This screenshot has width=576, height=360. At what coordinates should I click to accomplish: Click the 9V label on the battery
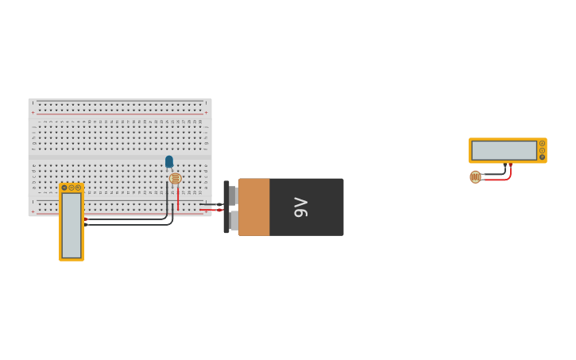pyautogui.click(x=301, y=207)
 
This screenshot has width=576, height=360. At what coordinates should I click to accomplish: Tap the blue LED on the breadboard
pyautogui.click(x=169, y=161)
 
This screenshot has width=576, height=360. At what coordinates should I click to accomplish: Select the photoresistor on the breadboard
pyautogui.click(x=176, y=179)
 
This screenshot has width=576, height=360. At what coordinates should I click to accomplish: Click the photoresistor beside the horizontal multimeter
pyautogui.click(x=475, y=176)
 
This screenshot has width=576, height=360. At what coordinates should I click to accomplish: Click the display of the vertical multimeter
pyautogui.click(x=72, y=225)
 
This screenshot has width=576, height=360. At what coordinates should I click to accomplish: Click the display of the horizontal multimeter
pyautogui.click(x=504, y=150)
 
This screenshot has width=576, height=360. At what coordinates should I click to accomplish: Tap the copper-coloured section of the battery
pyautogui.click(x=254, y=207)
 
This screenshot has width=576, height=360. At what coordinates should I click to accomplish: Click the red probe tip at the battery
pyautogui.click(x=218, y=210)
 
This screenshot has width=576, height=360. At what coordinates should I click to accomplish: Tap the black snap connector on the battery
pyautogui.click(x=227, y=207)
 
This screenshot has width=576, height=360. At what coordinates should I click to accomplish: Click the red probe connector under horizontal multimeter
pyautogui.click(x=511, y=165)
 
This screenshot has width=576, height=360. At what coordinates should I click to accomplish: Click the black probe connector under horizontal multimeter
pyautogui.click(x=504, y=165)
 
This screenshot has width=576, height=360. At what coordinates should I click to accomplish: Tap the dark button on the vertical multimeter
pyautogui.click(x=64, y=188)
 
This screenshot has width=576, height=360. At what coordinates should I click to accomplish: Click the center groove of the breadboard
pyautogui.click(x=120, y=157)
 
